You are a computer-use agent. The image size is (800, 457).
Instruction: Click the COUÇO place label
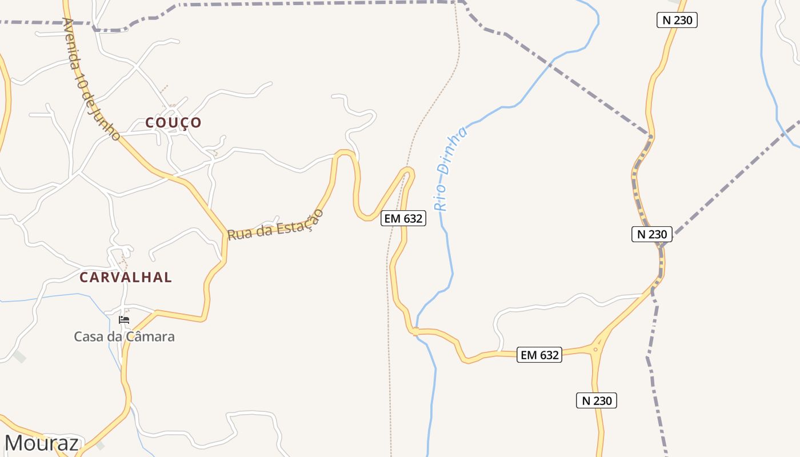173,122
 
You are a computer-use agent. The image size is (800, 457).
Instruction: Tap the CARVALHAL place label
126,277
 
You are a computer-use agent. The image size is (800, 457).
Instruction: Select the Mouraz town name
42,443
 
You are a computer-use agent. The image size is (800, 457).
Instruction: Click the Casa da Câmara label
124,336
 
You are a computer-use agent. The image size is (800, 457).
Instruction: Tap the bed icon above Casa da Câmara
124,319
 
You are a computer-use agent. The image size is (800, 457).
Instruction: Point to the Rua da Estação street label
275,225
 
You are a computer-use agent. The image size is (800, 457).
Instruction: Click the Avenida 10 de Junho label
91,79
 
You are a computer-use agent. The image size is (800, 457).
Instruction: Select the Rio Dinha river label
451,169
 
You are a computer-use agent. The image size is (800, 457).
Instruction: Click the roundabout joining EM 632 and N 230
595,349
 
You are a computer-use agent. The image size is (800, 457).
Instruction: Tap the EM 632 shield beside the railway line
403,218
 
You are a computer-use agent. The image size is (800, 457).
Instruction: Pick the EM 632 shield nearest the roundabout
539,355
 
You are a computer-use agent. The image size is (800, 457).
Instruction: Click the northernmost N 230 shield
677,21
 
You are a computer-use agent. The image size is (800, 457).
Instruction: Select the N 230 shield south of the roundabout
596,400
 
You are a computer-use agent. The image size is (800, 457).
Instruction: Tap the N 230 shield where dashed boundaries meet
651,234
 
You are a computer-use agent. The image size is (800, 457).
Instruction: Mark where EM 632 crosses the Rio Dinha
417,331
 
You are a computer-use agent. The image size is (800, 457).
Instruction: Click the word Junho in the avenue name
109,123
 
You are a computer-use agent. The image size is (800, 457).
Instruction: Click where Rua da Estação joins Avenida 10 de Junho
226,233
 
